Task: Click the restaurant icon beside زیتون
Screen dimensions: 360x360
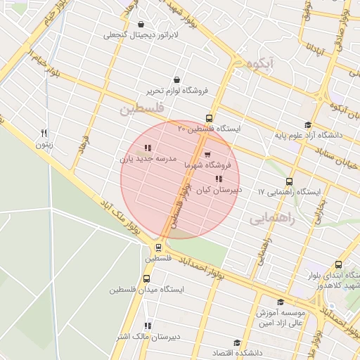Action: [x=44, y=132]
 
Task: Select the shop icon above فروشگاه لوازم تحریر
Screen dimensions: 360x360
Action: [x=176, y=80]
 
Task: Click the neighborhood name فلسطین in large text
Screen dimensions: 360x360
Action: [x=141, y=108]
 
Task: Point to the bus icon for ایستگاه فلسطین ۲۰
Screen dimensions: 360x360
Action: [x=208, y=118]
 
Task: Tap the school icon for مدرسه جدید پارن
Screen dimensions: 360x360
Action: [x=147, y=148]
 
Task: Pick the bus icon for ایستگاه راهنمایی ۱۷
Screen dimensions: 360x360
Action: [x=290, y=181]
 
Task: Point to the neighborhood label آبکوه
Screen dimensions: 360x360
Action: [x=259, y=64]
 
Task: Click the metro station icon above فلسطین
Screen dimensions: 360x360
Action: [x=158, y=247]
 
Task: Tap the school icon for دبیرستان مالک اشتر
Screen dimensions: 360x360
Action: [x=147, y=326]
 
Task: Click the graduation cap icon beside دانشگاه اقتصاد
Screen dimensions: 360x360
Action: [x=237, y=343]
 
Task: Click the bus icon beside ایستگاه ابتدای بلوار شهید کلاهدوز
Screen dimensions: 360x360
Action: [x=339, y=265]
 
